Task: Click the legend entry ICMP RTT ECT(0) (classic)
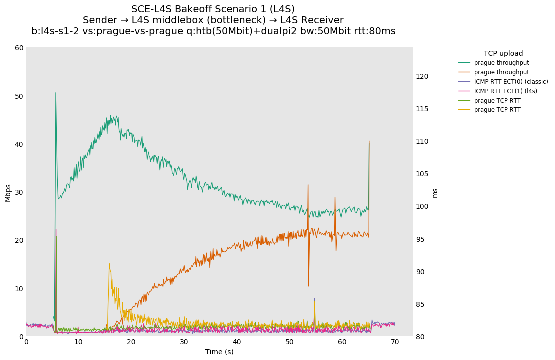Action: point(511,82)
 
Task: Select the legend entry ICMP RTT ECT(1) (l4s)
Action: point(505,91)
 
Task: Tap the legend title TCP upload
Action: point(503,53)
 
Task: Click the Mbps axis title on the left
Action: point(8,192)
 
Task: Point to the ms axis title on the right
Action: point(435,193)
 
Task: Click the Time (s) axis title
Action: point(219,352)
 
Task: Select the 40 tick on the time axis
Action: point(237,342)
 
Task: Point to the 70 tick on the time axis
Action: point(395,342)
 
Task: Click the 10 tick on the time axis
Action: point(78,342)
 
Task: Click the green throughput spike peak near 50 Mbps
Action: point(55,93)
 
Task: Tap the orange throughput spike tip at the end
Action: point(369,141)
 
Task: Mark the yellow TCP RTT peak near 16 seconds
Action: point(109,264)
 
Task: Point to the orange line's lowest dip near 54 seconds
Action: point(309,286)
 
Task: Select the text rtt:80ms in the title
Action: point(373,31)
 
